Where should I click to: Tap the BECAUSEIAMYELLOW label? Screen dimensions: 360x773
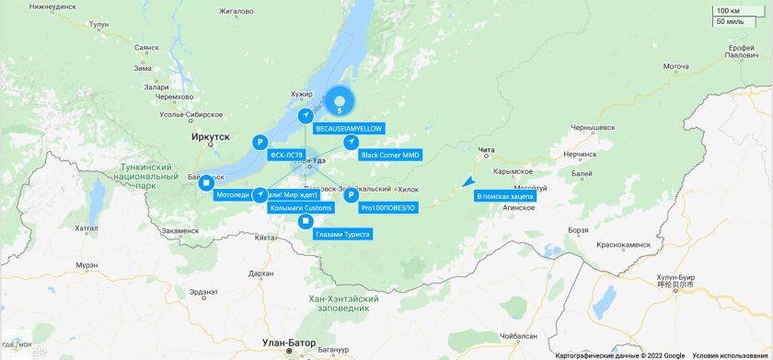(x=350, y=129)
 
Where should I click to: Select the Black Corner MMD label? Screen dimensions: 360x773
(x=390, y=155)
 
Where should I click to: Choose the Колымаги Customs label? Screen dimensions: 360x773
(x=301, y=208)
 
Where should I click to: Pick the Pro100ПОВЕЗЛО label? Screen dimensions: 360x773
(x=388, y=208)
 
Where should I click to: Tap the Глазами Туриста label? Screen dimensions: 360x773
(x=342, y=235)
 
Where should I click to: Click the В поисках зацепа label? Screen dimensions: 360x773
(x=505, y=196)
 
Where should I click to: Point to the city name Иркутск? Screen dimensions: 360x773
(x=211, y=136)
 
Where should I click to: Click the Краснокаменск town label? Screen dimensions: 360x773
(x=626, y=245)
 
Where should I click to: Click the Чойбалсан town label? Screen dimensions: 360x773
(x=526, y=337)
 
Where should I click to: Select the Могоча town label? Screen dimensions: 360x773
(x=676, y=66)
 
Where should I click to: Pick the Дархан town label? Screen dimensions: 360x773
(x=260, y=273)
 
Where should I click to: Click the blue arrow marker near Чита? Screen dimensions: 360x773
(x=467, y=181)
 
